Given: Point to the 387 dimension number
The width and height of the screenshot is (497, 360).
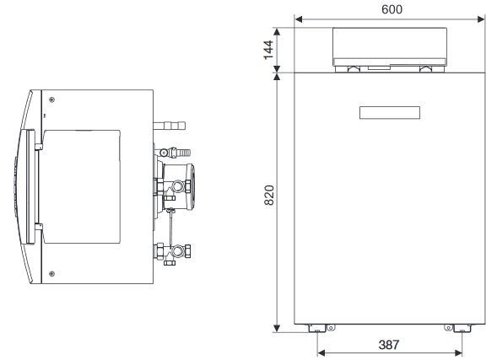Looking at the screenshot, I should click(389, 345).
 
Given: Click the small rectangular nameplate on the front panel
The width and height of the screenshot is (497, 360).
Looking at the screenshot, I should click(389, 113).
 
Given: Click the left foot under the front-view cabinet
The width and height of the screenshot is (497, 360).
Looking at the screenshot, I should click(316, 327).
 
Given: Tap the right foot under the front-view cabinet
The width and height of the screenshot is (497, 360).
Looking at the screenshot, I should click(461, 327).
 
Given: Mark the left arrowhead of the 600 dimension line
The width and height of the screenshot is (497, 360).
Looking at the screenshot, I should click(298, 18).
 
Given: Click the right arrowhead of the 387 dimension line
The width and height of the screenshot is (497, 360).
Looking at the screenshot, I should click(459, 353).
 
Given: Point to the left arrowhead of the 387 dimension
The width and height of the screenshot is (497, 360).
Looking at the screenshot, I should click(319, 353).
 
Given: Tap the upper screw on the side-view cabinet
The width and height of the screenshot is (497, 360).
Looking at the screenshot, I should click(51, 93).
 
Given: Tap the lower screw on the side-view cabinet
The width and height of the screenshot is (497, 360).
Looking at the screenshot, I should click(51, 272).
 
